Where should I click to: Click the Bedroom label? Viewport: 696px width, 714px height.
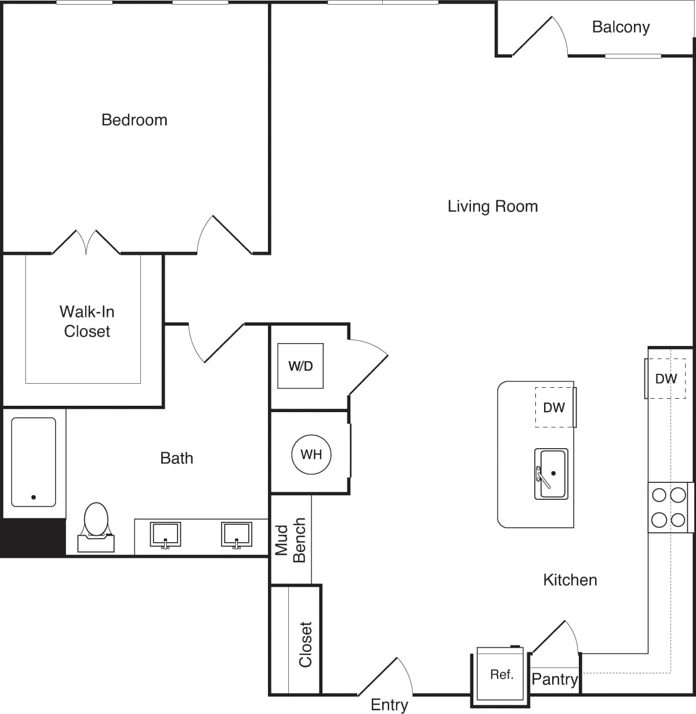coord(134,120)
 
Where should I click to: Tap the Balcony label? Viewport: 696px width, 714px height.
coord(621,27)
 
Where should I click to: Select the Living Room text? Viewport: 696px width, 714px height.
coord(492,206)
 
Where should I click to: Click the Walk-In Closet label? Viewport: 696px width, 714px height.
coord(87,321)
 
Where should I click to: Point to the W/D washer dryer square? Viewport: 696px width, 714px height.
coord(300,366)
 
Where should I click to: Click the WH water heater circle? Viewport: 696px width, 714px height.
coord(311,454)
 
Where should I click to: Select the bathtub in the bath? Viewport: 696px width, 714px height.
coord(34,461)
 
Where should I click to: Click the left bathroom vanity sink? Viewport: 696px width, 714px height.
coord(165,534)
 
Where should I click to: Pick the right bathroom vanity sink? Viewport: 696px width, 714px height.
coord(236,534)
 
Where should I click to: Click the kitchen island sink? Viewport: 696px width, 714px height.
coord(550,474)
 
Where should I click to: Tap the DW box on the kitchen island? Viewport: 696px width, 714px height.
coord(554,408)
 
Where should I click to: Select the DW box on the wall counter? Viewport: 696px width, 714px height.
coord(666,378)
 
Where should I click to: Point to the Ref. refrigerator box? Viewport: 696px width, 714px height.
coord(501,674)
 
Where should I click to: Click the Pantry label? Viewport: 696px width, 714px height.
coord(554,679)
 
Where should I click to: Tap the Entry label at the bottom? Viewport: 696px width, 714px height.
coord(389,705)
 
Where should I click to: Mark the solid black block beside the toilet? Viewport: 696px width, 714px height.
coord(32,538)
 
